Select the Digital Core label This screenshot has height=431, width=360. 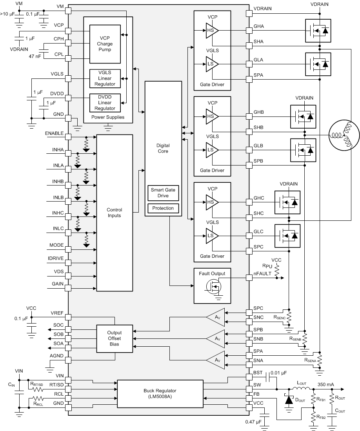point(163,148)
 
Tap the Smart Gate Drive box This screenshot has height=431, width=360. point(163,193)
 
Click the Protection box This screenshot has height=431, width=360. point(163,208)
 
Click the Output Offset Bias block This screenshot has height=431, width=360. point(115,338)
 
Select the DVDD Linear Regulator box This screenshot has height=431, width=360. point(105,102)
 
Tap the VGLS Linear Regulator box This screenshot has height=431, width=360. point(105,78)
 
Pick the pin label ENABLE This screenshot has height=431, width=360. point(54,133)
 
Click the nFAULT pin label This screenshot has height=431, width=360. point(262,274)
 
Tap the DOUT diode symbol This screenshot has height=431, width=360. point(289,400)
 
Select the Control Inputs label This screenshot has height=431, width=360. point(115,213)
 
